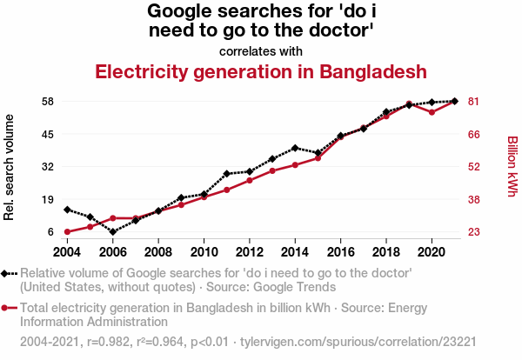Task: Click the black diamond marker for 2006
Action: [x=113, y=232]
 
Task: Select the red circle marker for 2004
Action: [x=67, y=232]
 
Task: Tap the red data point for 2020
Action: [x=432, y=112]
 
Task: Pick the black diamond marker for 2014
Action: [x=295, y=148]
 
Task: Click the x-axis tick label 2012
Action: [x=249, y=251]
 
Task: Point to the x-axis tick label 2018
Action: [x=386, y=251]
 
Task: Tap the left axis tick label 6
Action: [x=51, y=232]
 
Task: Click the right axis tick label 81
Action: [x=474, y=102]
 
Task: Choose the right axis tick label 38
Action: [x=474, y=199]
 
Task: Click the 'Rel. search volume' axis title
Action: [x=10, y=167]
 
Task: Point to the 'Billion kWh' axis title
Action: [x=512, y=166]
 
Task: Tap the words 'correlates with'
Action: [x=261, y=50]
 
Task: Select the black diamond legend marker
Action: [x=8, y=273]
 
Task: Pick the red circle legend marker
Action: [x=8, y=307]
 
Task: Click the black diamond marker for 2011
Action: [x=226, y=174]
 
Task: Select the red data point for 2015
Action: [x=318, y=158]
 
